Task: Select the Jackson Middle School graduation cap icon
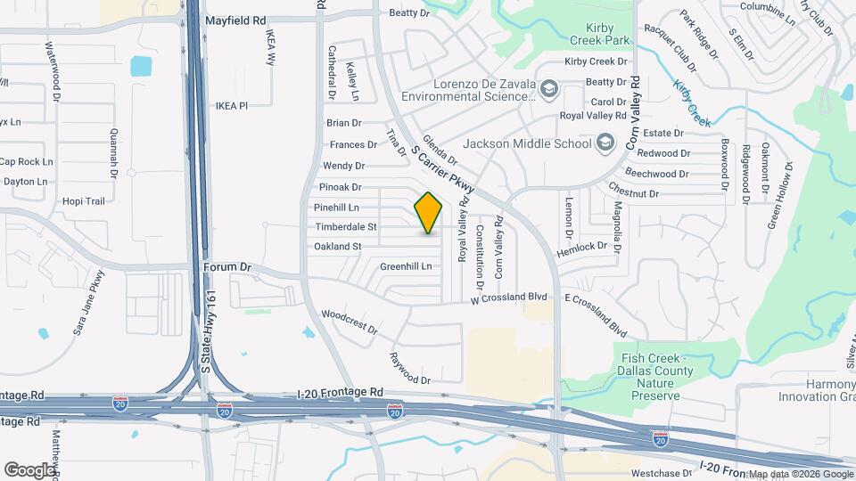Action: [x=605, y=143]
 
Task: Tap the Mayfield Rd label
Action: [x=235, y=19]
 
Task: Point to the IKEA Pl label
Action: [x=231, y=105]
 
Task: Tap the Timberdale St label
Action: [x=345, y=227]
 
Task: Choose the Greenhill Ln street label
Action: [x=406, y=266]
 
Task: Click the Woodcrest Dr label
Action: [x=350, y=321]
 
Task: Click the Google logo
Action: [x=29, y=469]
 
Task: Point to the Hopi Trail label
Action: [x=84, y=201]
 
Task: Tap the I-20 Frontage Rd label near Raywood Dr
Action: [x=340, y=392]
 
